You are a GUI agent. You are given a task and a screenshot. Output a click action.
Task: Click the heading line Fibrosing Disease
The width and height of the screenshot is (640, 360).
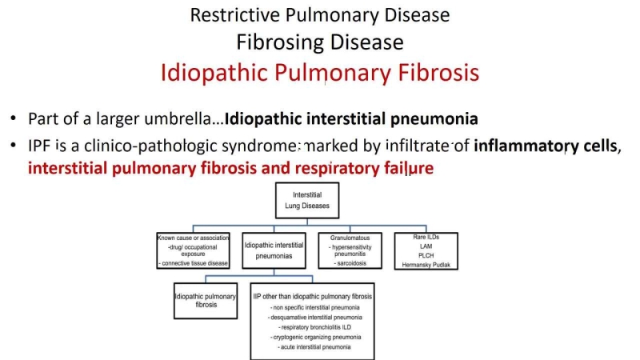point(320,42)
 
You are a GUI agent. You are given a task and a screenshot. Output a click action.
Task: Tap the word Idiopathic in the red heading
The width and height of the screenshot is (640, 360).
point(209,73)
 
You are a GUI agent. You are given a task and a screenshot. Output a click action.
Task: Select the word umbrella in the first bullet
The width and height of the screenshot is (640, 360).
point(186,119)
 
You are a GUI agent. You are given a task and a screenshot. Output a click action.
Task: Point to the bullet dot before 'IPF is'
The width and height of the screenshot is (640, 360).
point(14,147)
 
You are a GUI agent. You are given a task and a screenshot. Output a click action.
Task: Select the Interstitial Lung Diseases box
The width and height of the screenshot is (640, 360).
point(307,200)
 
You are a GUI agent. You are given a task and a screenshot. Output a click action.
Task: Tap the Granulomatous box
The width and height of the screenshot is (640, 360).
point(350,250)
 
